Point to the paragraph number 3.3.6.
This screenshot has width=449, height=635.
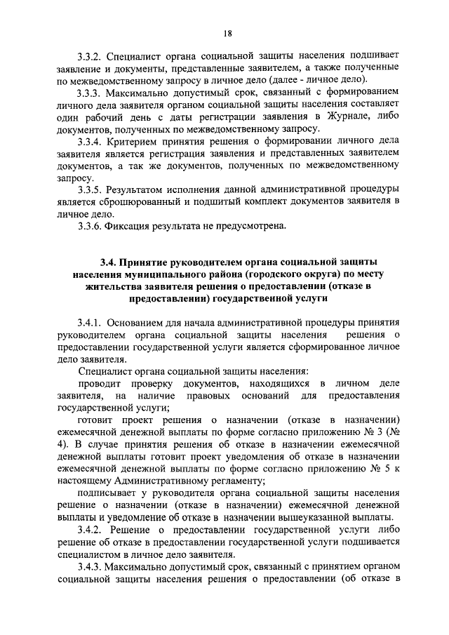coord(91,227)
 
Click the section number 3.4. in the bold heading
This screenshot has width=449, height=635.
coord(109,261)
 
